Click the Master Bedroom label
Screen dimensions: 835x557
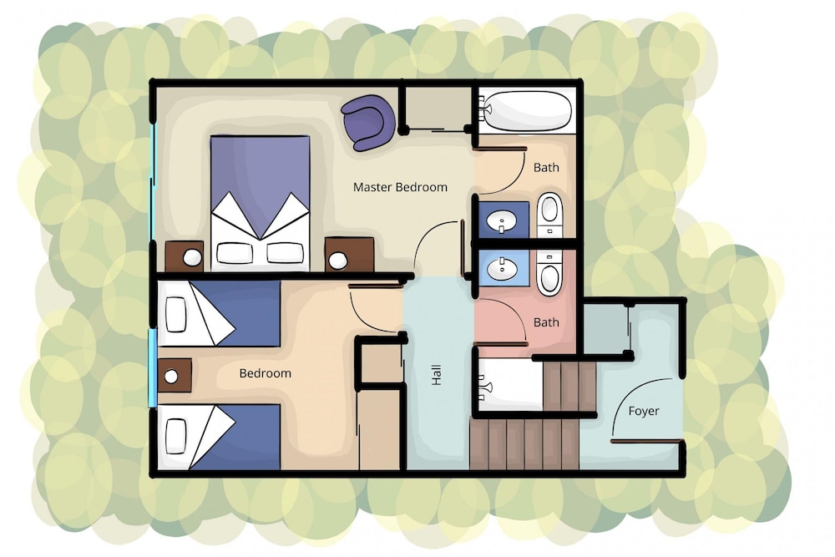point(400,187)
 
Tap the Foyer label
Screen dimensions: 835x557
point(643,411)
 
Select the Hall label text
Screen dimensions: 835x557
point(437,375)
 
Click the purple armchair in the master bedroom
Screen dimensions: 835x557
point(368,123)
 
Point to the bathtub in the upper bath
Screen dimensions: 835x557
point(525,112)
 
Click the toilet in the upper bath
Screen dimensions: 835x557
point(550,214)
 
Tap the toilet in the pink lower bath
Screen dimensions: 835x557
point(549,272)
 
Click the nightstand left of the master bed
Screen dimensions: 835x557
point(185,256)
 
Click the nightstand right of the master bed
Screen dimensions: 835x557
point(349,254)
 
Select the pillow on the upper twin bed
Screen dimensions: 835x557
point(175,315)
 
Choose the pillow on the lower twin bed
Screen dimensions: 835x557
point(175,436)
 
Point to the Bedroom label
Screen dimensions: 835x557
point(266,373)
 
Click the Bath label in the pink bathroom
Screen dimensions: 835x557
point(546,322)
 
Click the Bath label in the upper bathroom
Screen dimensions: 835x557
point(546,167)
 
